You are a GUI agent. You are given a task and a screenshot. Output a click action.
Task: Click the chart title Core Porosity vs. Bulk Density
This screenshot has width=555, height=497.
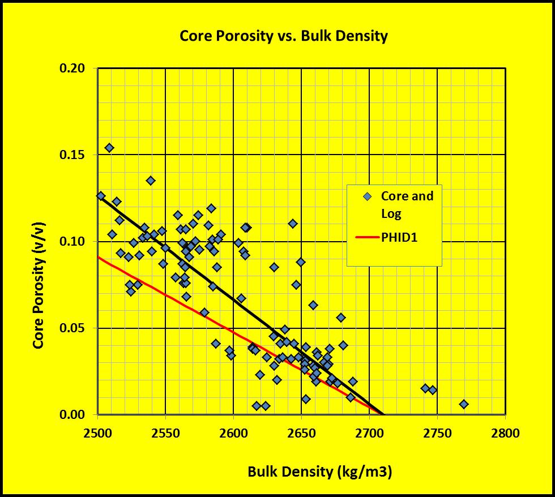pyautogui.click(x=283, y=36)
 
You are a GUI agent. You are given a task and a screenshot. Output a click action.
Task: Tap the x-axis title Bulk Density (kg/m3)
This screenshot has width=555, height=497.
pyautogui.click(x=319, y=472)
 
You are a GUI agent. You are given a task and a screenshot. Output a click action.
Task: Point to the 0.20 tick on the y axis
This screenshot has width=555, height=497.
pyautogui.click(x=73, y=68)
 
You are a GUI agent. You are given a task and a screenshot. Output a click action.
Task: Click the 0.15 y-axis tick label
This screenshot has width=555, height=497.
pyautogui.click(x=73, y=155)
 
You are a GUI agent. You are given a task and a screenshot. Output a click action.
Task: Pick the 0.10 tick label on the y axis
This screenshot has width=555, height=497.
pyautogui.click(x=73, y=242)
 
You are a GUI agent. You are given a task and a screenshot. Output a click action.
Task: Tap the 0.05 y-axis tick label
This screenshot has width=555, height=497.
pyautogui.click(x=73, y=328)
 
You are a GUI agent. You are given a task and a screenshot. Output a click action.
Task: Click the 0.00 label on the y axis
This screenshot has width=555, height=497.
pyautogui.click(x=73, y=415)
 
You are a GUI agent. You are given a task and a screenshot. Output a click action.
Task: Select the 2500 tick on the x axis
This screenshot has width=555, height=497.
pyautogui.click(x=97, y=434)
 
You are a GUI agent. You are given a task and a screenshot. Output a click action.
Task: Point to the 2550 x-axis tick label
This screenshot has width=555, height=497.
pyautogui.click(x=165, y=434)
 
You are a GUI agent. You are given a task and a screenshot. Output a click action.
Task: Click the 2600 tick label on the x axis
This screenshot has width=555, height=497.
pyautogui.click(x=233, y=434)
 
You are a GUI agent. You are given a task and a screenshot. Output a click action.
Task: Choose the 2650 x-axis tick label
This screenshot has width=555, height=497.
pyautogui.click(x=301, y=434)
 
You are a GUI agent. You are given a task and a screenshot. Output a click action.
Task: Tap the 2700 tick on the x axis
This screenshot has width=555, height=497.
pyautogui.click(x=369, y=434)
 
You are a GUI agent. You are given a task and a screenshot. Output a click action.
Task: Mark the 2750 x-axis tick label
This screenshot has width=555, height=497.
pyautogui.click(x=437, y=434)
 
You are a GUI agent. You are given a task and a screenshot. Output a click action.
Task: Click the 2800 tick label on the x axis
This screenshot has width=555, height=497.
pyautogui.click(x=505, y=434)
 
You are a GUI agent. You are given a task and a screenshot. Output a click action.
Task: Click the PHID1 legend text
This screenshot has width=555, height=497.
pyautogui.click(x=399, y=238)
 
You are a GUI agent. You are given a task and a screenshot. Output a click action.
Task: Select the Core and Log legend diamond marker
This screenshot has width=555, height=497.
pyautogui.click(x=368, y=196)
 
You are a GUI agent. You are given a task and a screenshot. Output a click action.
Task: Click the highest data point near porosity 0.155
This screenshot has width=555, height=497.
pyautogui.click(x=109, y=148)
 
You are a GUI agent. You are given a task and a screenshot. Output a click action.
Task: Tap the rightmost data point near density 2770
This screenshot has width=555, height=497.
pyautogui.click(x=464, y=404)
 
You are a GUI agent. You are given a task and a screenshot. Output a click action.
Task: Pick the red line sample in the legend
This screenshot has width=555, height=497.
pyautogui.click(x=368, y=238)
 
